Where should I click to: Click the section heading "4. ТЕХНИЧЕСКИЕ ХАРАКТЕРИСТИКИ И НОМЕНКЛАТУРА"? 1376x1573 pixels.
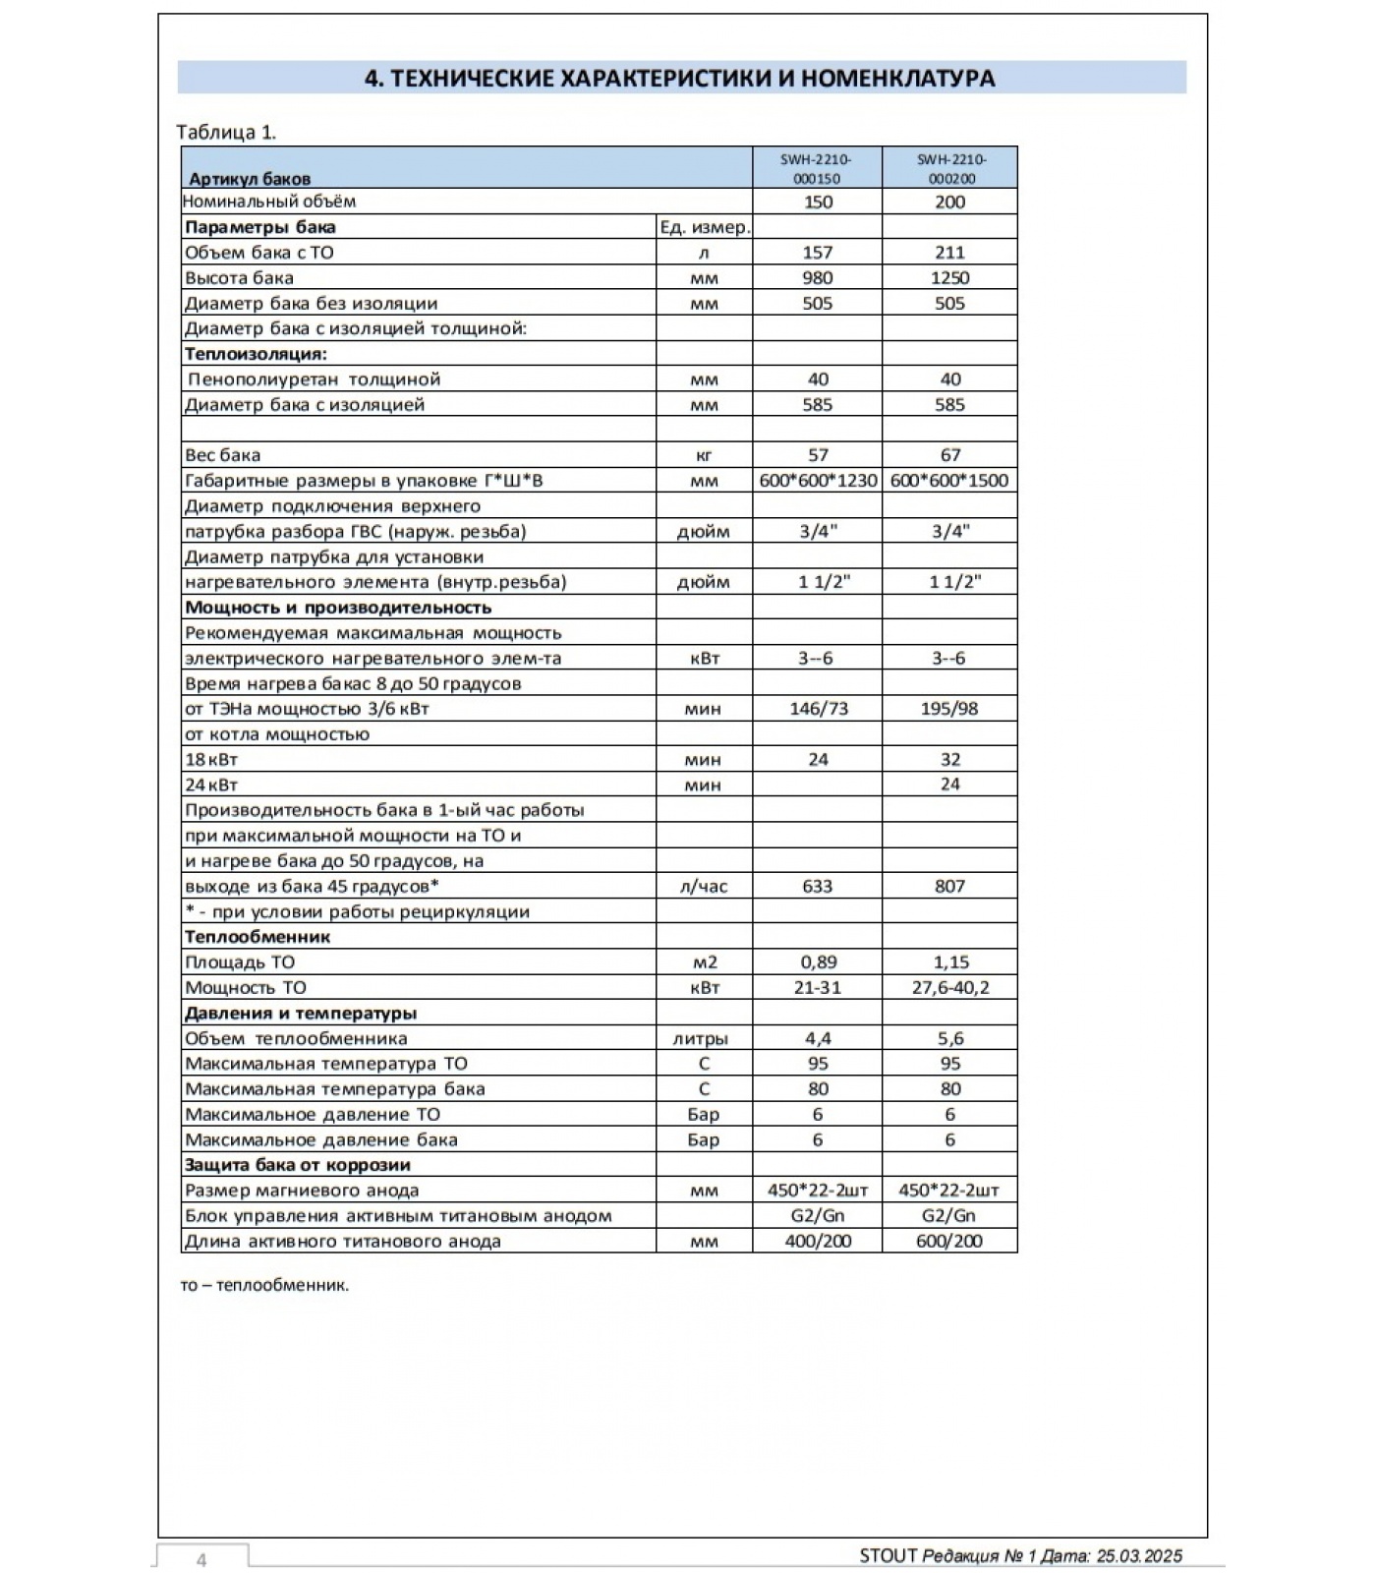click(x=680, y=78)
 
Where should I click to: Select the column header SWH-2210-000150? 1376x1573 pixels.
click(x=817, y=168)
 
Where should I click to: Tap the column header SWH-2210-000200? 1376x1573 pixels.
click(x=950, y=168)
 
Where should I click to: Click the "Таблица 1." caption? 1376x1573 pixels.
click(x=226, y=132)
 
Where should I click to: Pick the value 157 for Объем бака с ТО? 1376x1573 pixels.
click(x=817, y=253)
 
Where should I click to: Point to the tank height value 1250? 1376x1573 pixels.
click(x=949, y=278)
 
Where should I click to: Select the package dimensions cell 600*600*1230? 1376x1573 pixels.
click(x=818, y=481)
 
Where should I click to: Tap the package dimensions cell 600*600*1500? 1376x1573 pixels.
click(x=949, y=481)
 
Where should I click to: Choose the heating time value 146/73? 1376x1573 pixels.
click(x=818, y=709)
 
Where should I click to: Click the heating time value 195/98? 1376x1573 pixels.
click(x=949, y=709)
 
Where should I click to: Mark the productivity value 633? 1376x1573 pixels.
click(x=817, y=887)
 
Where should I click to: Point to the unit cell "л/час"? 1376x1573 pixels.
click(x=704, y=887)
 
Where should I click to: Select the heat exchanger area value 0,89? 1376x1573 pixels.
click(x=818, y=962)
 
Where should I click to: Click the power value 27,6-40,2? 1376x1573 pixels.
click(x=949, y=988)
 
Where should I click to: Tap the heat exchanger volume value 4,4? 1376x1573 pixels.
click(x=818, y=1039)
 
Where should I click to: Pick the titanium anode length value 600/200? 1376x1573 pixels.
click(x=949, y=1242)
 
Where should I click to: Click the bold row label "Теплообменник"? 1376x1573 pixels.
click(x=258, y=937)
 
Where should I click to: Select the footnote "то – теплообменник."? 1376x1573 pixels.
click(x=264, y=1285)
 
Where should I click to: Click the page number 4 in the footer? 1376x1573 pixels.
click(x=201, y=1560)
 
